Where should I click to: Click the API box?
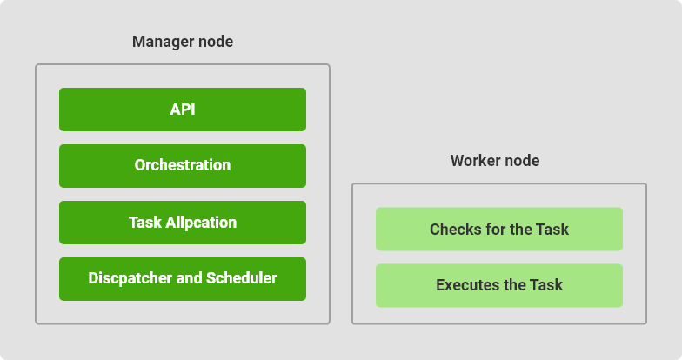point(183,110)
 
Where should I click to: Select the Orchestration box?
point(183,166)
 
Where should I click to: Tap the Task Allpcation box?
point(183,223)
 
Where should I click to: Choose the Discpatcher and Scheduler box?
point(183,279)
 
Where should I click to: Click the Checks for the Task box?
point(499,230)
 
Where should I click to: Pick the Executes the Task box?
point(499,285)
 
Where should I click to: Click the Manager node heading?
point(183,42)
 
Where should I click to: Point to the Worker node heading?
point(495,161)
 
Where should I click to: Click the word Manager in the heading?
point(164,42)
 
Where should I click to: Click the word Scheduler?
point(242,278)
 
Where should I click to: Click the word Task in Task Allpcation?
point(145,223)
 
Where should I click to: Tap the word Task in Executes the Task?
point(546,285)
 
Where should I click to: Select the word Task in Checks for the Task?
point(552,230)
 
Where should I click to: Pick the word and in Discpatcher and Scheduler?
point(190,278)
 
